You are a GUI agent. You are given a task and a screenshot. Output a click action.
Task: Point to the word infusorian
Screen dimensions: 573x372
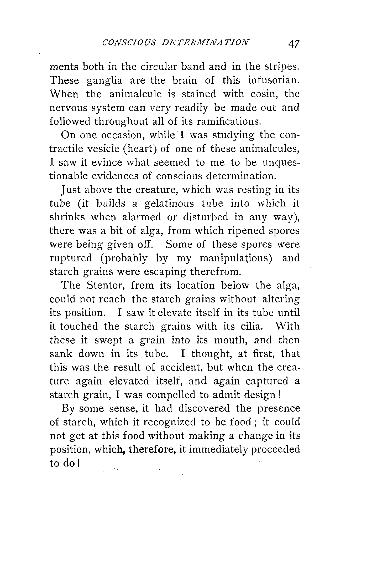coord(274,80)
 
